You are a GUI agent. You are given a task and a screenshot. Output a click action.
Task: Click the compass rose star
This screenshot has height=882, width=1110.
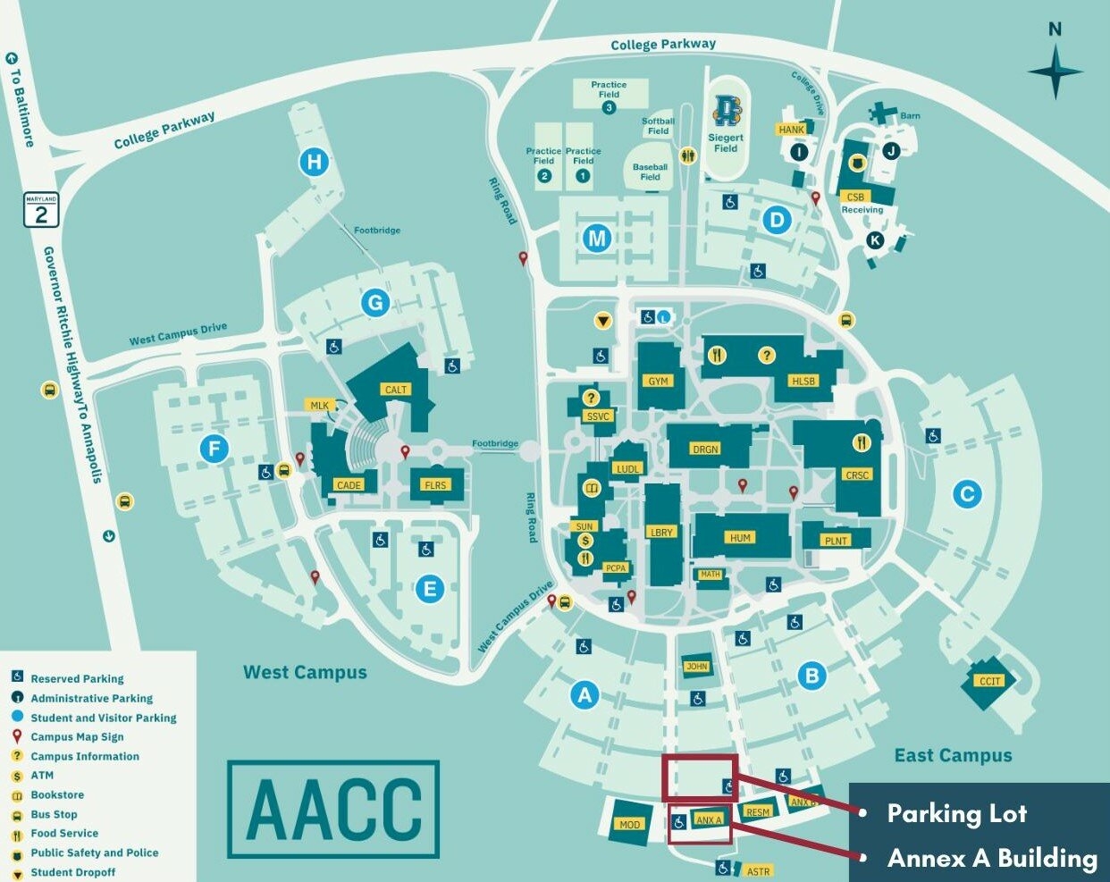[1055, 71]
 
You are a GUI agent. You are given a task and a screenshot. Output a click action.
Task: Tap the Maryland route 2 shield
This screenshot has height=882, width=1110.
[41, 210]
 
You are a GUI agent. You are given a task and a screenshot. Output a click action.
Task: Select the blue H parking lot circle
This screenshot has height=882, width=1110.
[314, 162]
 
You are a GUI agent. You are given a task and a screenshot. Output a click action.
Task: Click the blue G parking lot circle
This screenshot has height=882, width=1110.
[375, 303]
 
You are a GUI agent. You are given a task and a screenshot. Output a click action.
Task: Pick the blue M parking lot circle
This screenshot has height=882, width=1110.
[597, 238]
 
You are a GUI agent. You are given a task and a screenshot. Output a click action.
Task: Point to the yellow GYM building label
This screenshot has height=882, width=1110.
[659, 381]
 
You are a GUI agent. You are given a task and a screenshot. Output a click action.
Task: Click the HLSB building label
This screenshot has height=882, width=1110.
[803, 381]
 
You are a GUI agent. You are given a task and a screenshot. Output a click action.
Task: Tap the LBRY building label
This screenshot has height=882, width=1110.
[661, 532]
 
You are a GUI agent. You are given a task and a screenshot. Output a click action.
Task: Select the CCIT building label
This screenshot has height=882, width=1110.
[989, 681]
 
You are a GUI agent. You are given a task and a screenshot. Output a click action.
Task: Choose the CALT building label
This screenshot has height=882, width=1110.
[396, 390]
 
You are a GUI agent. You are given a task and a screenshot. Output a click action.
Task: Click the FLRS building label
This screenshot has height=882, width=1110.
[435, 485]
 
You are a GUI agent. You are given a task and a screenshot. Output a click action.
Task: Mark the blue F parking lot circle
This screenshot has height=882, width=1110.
[214, 448]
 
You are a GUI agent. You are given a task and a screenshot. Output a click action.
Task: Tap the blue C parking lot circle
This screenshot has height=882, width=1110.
[967, 493]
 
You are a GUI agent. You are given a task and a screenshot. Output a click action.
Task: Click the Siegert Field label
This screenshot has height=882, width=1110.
[726, 143]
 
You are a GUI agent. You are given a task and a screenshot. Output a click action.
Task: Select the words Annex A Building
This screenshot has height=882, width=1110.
[992, 858]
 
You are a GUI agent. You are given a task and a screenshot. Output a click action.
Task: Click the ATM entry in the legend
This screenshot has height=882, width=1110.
[42, 776]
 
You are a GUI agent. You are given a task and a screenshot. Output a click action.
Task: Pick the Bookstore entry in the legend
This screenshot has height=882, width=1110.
[57, 795]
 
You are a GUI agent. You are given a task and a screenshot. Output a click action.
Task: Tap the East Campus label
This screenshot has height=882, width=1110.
[953, 756]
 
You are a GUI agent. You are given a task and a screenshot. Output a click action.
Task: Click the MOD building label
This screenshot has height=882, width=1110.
[630, 824]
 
